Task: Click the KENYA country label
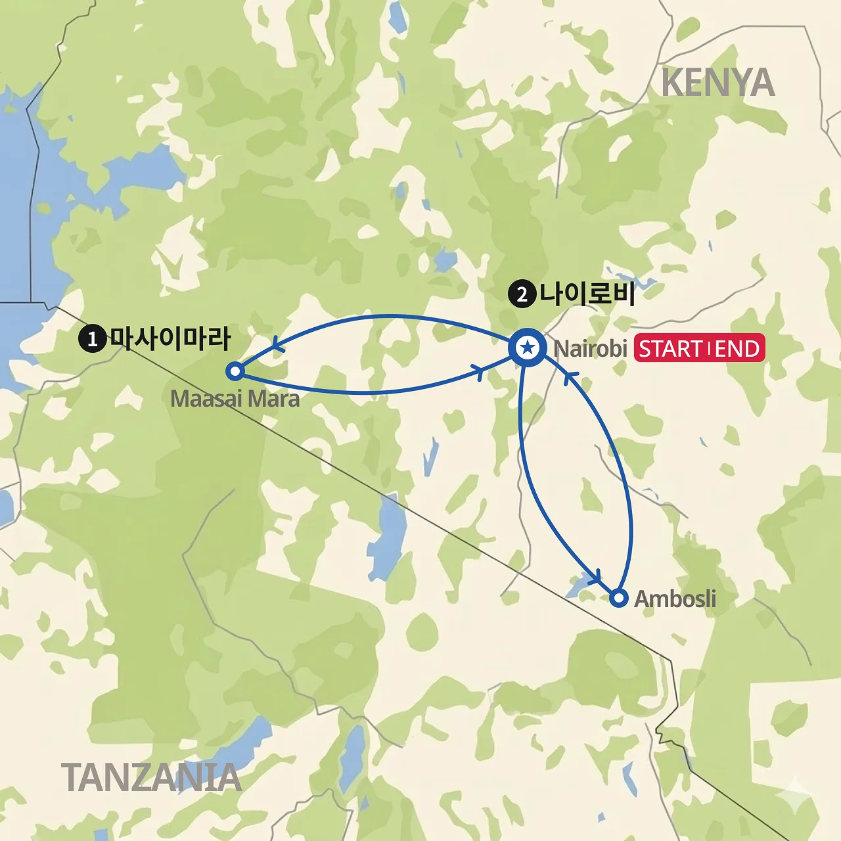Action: click(717, 83)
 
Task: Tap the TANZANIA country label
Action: click(151, 777)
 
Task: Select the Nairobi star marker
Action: click(527, 348)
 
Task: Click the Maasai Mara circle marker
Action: click(235, 371)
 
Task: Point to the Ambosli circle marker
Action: click(618, 598)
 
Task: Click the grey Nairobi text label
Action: click(590, 348)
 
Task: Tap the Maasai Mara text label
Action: click(235, 399)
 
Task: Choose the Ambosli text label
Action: click(675, 599)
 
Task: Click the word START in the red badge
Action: click(671, 349)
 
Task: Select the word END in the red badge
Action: click(737, 349)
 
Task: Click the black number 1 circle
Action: click(92, 338)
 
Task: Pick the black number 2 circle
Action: click(522, 294)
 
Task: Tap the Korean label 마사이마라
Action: click(170, 338)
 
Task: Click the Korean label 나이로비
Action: click(587, 293)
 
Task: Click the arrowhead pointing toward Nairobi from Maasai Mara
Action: click(480, 372)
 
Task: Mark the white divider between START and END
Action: click(709, 349)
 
